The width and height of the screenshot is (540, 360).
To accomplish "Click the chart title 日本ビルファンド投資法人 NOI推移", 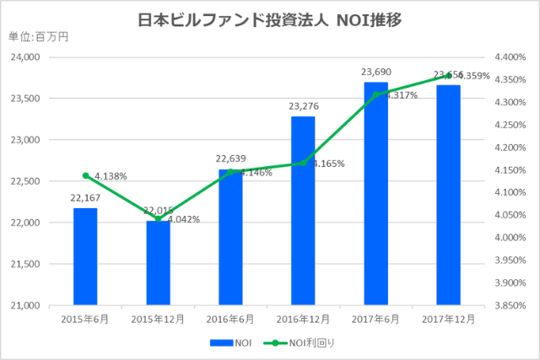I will point(269,19).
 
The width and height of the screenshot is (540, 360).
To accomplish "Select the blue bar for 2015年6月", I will point(85,256).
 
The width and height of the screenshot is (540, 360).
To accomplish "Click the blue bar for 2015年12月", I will point(158,262).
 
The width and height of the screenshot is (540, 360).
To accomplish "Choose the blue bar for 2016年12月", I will point(303,211).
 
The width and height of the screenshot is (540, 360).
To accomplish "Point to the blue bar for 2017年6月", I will point(375,194).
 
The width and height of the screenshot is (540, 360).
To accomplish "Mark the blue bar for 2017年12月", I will point(448,195).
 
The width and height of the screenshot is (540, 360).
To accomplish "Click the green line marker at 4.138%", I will point(85,175).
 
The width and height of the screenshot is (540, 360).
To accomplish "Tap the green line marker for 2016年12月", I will point(303,164).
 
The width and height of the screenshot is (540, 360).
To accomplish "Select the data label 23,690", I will point(375,73).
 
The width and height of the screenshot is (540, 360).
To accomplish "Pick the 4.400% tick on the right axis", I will point(502,57).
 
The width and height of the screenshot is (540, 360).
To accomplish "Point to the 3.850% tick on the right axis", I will point(502,305).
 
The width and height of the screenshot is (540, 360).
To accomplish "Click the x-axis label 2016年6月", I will point(230,320).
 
